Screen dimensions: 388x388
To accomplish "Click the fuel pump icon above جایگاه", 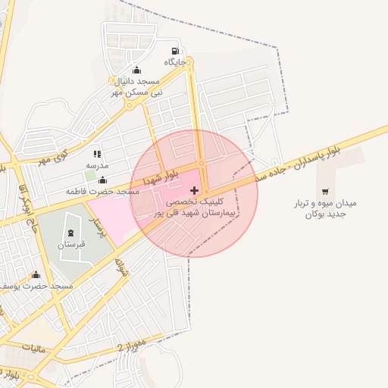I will click(x=176, y=52).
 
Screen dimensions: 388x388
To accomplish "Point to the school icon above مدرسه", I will click(x=97, y=155).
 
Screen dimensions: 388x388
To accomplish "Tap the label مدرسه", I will click(x=97, y=165).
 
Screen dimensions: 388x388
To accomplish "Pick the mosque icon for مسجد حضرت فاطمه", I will click(x=102, y=180).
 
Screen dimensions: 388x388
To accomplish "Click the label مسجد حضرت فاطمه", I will click(x=102, y=192).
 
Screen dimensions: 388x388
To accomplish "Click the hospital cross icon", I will click(x=195, y=189).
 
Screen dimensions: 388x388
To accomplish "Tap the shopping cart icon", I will click(x=325, y=192).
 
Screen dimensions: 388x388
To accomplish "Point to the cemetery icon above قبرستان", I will click(x=71, y=233).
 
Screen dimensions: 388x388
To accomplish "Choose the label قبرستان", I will click(x=71, y=245).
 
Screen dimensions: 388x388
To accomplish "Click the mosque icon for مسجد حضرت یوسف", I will click(x=36, y=275).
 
